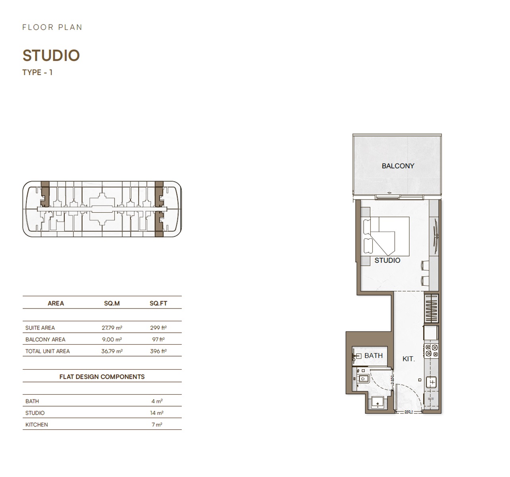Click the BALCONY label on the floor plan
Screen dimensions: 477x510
[398, 166]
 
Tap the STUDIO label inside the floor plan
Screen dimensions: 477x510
[387, 260]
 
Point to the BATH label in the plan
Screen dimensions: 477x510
[373, 356]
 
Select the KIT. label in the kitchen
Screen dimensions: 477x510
[409, 359]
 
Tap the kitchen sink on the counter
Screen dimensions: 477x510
[432, 382]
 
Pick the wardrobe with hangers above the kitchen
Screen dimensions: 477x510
[432, 308]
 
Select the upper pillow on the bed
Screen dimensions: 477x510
[367, 226]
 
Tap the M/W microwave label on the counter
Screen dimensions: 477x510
[431, 399]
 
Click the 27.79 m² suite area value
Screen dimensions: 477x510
[112, 328]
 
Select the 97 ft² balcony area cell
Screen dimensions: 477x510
[158, 339]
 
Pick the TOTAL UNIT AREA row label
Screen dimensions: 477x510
[47, 351]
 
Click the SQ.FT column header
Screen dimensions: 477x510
[158, 303]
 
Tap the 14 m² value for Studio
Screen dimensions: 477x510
[156, 413]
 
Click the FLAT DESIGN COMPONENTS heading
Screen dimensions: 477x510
[102, 377]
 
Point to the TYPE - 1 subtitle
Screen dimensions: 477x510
[37, 72]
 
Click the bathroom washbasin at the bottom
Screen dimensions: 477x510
[376, 403]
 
